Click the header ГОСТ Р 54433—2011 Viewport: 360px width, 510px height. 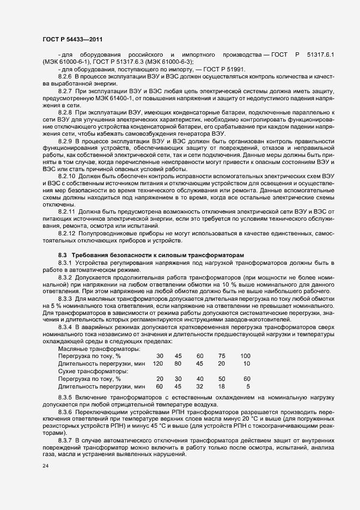(72, 39)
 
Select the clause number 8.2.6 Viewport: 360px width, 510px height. (68, 77)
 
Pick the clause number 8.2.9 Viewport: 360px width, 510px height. (68, 141)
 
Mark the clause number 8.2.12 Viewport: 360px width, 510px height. (69, 233)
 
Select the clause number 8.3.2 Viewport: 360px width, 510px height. (68, 277)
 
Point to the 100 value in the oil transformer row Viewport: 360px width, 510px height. (245, 356)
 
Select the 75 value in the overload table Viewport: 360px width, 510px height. (222, 356)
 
